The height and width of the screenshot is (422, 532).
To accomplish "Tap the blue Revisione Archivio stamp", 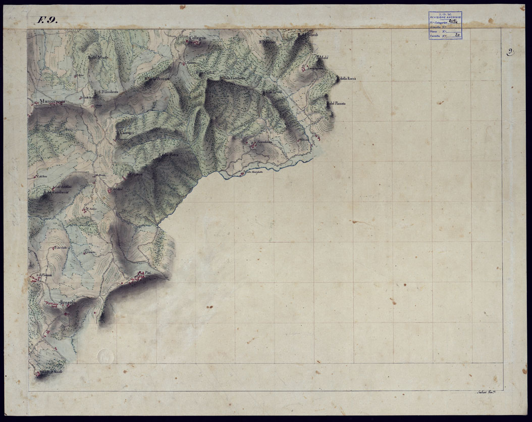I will click(445, 25).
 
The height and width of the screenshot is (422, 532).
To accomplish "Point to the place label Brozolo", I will click(68, 302).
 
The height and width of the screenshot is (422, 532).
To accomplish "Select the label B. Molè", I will click(322, 58).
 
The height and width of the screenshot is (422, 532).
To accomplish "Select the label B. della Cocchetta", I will click(233, 78).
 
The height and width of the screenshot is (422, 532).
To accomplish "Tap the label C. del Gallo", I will click(60, 248).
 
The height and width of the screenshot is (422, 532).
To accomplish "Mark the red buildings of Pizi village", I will click(135, 278).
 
